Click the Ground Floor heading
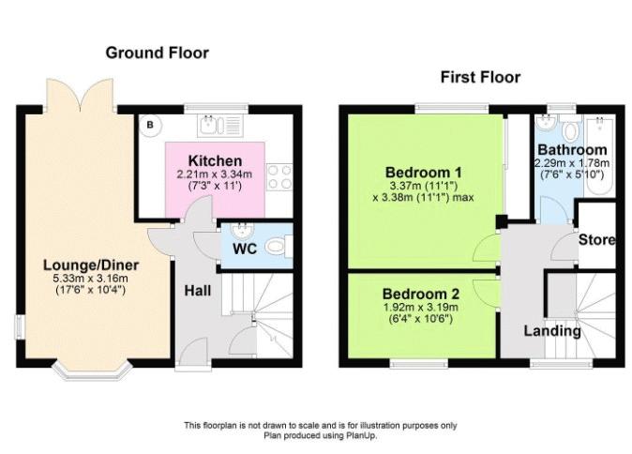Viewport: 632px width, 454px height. pyautogui.click(x=158, y=53)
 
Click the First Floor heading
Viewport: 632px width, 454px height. pyautogui.click(x=480, y=77)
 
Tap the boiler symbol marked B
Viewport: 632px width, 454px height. pyautogui.click(x=150, y=125)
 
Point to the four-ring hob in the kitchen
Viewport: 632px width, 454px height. pyautogui.click(x=279, y=176)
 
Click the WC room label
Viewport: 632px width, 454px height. pyautogui.click(x=245, y=249)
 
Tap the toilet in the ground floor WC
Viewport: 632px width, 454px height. pyautogui.click(x=278, y=247)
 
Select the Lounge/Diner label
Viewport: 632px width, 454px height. pyautogui.click(x=91, y=265)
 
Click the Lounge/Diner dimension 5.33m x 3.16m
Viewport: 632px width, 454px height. pyautogui.click(x=91, y=279)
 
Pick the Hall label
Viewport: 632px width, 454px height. pyautogui.click(x=198, y=290)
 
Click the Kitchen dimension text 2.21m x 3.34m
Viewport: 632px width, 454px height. pyautogui.click(x=215, y=174)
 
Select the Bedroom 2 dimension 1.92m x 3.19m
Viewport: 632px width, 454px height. pyautogui.click(x=421, y=308)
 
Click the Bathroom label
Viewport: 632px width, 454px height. pyautogui.click(x=572, y=150)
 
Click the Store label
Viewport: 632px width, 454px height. pyautogui.click(x=597, y=240)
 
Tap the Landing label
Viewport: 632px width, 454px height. pyautogui.click(x=552, y=331)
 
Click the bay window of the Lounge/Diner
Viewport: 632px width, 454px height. pyautogui.click(x=93, y=371)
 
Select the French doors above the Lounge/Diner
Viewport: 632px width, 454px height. pyautogui.click(x=81, y=96)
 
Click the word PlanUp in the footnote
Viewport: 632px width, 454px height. pyautogui.click(x=361, y=435)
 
